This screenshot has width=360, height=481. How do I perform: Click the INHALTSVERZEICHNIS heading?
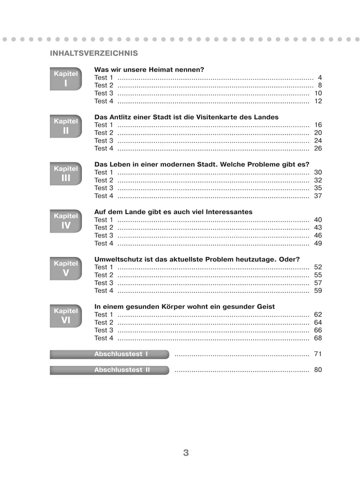(94, 54)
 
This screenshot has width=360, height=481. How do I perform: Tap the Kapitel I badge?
(66, 79)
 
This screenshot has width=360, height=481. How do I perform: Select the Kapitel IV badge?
(66, 221)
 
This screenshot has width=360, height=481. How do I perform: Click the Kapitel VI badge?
(66, 316)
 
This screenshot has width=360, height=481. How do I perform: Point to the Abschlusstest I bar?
(109, 354)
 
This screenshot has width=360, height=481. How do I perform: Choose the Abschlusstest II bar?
(109, 370)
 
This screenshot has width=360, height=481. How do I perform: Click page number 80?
(317, 370)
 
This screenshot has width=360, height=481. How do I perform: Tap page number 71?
(317, 354)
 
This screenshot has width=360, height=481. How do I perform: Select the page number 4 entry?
(320, 77)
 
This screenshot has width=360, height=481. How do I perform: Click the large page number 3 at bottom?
(186, 453)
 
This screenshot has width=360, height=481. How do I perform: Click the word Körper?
(171, 307)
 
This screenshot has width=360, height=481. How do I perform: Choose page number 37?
(317, 196)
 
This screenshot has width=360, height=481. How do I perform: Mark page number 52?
(317, 267)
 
